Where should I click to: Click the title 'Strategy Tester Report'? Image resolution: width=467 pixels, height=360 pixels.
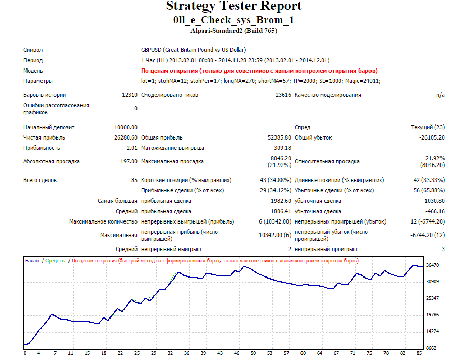pyautogui.click(x=234, y=6)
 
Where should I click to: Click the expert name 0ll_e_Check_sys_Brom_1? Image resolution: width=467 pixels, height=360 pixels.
pyautogui.click(x=233, y=20)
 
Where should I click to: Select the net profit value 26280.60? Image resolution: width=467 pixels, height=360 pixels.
pyautogui.click(x=126, y=137)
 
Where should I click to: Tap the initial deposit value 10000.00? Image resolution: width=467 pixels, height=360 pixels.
pyautogui.click(x=126, y=127)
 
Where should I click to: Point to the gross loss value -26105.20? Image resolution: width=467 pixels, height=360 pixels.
pyautogui.click(x=432, y=137)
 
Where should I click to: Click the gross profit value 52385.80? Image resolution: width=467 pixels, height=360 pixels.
pyautogui.click(x=279, y=137)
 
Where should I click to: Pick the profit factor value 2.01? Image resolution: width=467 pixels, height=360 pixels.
pyautogui.click(x=132, y=148)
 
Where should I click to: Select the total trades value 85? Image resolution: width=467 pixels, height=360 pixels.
pyautogui.click(x=134, y=180)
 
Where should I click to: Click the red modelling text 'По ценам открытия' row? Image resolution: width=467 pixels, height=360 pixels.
pyautogui.click(x=259, y=71)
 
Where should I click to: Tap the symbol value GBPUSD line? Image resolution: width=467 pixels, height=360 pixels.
pyautogui.click(x=194, y=50)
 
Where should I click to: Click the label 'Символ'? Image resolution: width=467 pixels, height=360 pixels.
pyautogui.click(x=33, y=50)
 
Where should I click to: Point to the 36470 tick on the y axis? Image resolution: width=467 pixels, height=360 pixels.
pyautogui.click(x=432, y=265)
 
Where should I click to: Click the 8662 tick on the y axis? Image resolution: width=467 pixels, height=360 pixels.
pyautogui.click(x=431, y=348)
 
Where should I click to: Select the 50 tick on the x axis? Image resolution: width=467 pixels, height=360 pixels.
pyautogui.click(x=253, y=353)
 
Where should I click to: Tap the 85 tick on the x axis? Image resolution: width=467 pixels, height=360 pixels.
pyautogui.click(x=419, y=353)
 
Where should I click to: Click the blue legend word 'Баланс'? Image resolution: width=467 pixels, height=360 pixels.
pyautogui.click(x=33, y=261)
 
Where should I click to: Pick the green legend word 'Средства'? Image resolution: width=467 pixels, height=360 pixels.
pyautogui.click(x=56, y=261)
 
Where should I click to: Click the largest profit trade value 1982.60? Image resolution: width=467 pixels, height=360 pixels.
pyautogui.click(x=281, y=201)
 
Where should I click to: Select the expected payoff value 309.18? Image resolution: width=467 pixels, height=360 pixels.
pyautogui.click(x=282, y=148)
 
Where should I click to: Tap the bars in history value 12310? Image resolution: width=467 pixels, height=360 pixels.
pyautogui.click(x=130, y=95)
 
